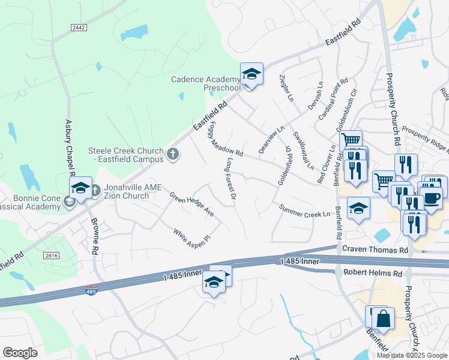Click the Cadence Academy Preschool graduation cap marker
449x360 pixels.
[252, 74]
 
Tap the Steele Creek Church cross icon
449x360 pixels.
[173, 155]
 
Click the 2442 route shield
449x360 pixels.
[79, 28]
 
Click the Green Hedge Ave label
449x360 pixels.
[192, 204]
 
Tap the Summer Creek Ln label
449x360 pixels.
[305, 211]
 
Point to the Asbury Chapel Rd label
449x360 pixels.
[69, 147]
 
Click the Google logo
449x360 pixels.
[20, 353]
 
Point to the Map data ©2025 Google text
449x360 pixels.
[412, 355]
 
